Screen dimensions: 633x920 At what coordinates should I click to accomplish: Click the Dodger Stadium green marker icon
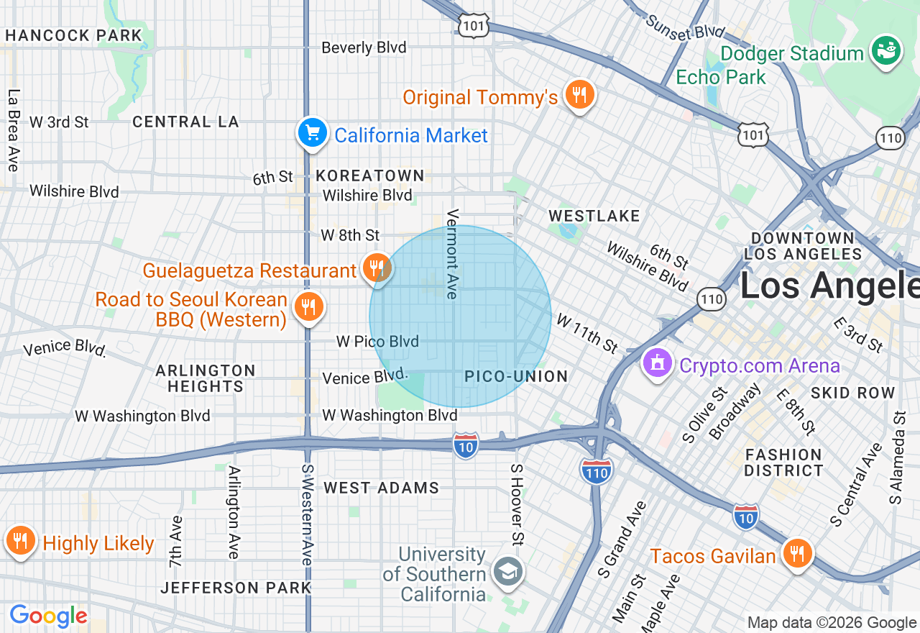tap(885, 52)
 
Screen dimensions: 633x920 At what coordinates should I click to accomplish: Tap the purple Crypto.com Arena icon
tap(657, 364)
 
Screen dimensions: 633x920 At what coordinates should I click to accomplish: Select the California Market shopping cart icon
tap(313, 134)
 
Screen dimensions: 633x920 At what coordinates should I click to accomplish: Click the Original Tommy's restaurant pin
tap(579, 95)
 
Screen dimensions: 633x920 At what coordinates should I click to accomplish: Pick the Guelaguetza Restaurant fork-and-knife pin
tap(375, 269)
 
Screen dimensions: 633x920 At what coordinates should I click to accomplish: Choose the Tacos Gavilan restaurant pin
tap(796, 554)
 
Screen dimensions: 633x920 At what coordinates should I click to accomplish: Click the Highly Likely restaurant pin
tap(21, 541)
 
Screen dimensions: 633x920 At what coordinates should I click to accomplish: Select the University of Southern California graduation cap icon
tap(508, 572)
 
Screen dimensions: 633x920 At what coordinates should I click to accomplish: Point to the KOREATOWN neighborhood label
tap(370, 176)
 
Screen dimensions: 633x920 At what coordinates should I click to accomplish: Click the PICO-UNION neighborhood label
tap(516, 376)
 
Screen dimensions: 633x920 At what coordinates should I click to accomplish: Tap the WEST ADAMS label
tap(381, 488)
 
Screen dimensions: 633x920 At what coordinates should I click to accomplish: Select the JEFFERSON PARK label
tap(236, 588)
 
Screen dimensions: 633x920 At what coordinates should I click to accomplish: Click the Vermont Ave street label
tap(452, 254)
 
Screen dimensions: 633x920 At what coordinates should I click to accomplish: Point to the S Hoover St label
tap(516, 504)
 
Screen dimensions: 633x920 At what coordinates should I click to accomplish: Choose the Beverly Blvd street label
tap(364, 47)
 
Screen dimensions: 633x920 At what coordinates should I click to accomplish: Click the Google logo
tap(48, 616)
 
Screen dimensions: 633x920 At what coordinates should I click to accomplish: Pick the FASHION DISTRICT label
tap(783, 463)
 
